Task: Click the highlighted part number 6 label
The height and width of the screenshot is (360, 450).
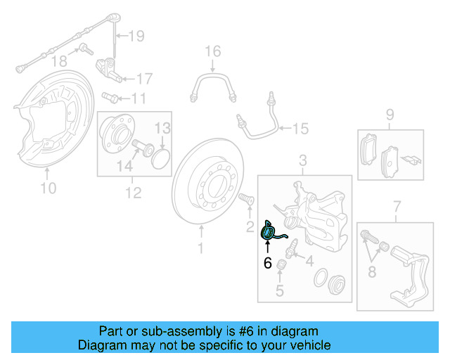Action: coord(267,264)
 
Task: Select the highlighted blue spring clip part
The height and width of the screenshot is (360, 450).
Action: coord(270,231)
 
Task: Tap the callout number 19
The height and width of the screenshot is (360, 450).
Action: coord(136,35)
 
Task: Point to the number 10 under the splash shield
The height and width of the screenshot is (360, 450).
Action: coord(48,188)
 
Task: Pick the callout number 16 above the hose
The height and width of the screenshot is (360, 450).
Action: coord(212,51)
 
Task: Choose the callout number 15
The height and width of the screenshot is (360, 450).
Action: coord(301,129)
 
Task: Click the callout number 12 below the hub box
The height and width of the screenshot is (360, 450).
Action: coord(133,191)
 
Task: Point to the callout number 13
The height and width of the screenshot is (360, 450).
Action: coord(162,128)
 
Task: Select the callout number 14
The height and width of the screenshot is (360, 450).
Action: coord(124,166)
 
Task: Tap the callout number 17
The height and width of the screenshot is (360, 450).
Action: coord(143,78)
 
